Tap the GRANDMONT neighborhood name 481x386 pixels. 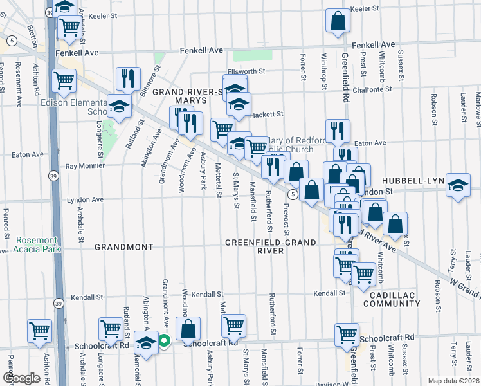123,247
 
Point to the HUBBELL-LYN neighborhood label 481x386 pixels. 413,181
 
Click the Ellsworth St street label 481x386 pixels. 247,72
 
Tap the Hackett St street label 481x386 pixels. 266,114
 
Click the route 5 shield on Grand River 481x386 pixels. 293,194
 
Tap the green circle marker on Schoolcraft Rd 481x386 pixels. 164,342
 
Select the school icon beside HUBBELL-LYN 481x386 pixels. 457,186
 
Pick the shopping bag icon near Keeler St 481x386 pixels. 337,21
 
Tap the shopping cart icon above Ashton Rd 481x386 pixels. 39,331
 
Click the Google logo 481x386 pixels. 22,378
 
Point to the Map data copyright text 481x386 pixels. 453,381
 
